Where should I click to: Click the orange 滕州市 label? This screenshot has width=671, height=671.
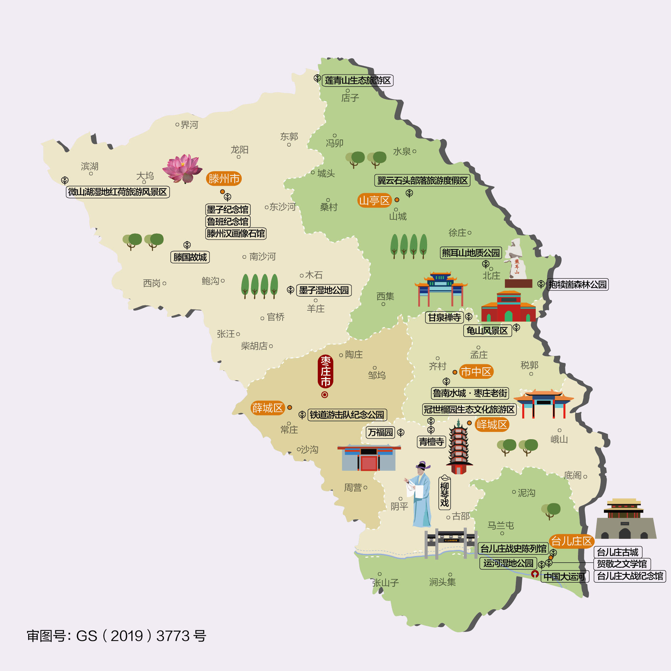[224, 179]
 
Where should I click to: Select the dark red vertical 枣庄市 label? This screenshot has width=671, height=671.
[325, 371]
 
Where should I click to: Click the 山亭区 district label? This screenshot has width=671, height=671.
[374, 201]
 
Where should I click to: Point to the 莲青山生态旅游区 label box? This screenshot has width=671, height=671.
[358, 81]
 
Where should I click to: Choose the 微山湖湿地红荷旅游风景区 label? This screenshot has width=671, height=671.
[118, 192]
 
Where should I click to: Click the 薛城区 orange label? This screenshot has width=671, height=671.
[267, 408]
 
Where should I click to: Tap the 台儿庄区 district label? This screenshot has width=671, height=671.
[571, 541]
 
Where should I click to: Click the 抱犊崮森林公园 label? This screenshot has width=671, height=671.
[578, 284]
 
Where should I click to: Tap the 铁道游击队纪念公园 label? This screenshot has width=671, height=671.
[347, 415]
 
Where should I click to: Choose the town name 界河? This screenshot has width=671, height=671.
[189, 125]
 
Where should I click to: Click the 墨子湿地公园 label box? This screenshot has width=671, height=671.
[324, 290]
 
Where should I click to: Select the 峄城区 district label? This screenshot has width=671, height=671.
[492, 424]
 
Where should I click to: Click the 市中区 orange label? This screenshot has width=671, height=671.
[476, 372]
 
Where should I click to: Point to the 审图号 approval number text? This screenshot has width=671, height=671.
[116, 636]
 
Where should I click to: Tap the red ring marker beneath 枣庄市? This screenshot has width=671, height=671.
[324, 394]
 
